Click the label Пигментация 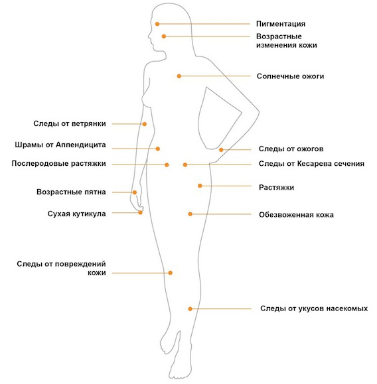281,24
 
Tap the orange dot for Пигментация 157,24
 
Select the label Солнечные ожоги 290,76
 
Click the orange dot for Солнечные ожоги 179,76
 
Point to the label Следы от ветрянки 70,123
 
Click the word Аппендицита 81,145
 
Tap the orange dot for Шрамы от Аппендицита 158,149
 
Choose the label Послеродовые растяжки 59,164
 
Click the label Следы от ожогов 291,149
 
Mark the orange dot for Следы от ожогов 221,150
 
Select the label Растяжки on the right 276,188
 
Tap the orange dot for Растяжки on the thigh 200,186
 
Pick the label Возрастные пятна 71,192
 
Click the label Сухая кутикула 77,214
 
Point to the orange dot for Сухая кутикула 140,213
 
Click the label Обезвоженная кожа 296,215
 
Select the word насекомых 347,308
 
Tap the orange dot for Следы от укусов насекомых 190,309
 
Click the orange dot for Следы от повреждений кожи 171,273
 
